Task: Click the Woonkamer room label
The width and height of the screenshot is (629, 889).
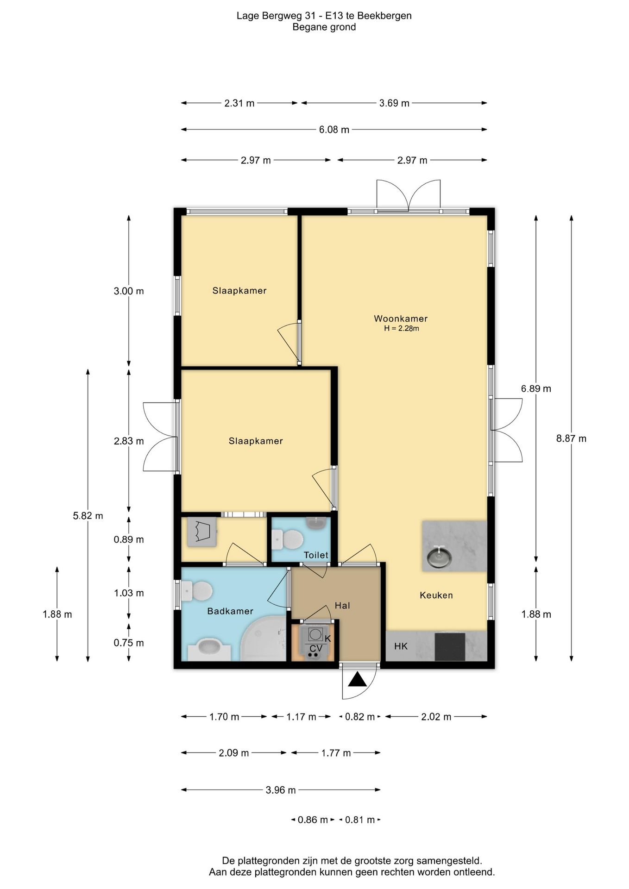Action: tap(401, 319)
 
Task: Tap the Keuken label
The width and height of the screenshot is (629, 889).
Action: tap(436, 595)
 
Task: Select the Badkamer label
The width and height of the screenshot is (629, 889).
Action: tap(230, 611)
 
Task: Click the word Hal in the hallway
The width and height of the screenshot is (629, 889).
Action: tap(342, 606)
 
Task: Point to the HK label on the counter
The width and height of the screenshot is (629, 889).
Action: tap(401, 646)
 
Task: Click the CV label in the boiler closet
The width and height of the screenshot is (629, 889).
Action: tap(315, 649)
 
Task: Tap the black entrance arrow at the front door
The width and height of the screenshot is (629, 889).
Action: tap(357, 680)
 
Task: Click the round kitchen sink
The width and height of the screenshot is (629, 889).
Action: tap(438, 557)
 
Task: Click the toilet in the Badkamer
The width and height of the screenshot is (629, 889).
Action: tap(197, 591)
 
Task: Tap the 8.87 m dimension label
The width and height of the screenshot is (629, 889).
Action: tap(571, 438)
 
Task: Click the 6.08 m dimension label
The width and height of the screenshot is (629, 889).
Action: tap(334, 130)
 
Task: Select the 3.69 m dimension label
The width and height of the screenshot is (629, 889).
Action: tap(394, 103)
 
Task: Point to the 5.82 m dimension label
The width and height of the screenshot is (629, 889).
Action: tap(88, 516)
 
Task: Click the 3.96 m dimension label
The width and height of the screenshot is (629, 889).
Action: tap(281, 790)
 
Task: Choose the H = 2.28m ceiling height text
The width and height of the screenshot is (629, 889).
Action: tap(402, 329)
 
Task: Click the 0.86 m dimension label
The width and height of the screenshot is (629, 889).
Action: tap(313, 820)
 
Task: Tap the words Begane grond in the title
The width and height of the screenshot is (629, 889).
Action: tap(324, 27)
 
